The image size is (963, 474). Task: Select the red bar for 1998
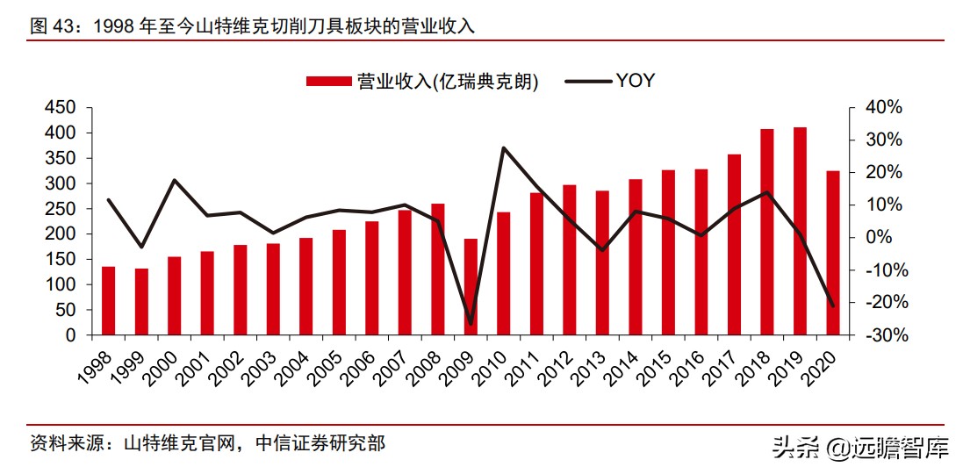click(109, 301)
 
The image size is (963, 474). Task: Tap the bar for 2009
click(471, 287)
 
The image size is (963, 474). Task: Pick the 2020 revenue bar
click(833, 253)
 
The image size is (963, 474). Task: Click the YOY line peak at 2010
click(503, 147)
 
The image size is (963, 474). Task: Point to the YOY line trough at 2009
click(471, 324)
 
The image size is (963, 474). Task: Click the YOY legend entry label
click(635, 82)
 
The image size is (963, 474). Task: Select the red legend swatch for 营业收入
click(329, 82)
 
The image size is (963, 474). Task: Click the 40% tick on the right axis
click(883, 107)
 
